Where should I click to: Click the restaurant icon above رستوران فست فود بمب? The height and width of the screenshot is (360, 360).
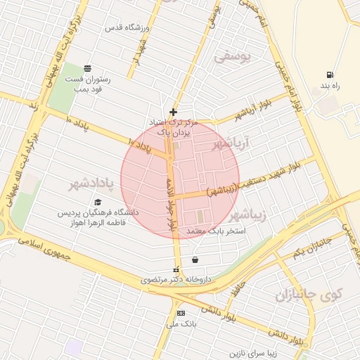[86, 68]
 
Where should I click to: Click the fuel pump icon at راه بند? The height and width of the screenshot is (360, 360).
[330, 75]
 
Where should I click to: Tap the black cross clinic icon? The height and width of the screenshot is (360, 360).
[174, 112]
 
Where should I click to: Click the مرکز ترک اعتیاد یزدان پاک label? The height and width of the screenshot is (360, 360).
[175, 127]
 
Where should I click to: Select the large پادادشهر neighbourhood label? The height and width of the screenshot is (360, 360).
[91, 185]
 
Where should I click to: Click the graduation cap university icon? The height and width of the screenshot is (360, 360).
[97, 202]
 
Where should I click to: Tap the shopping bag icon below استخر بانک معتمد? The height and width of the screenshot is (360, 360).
[194, 259]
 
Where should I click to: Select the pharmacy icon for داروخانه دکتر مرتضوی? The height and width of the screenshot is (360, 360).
[176, 269]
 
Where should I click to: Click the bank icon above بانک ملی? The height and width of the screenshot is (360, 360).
[181, 313]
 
